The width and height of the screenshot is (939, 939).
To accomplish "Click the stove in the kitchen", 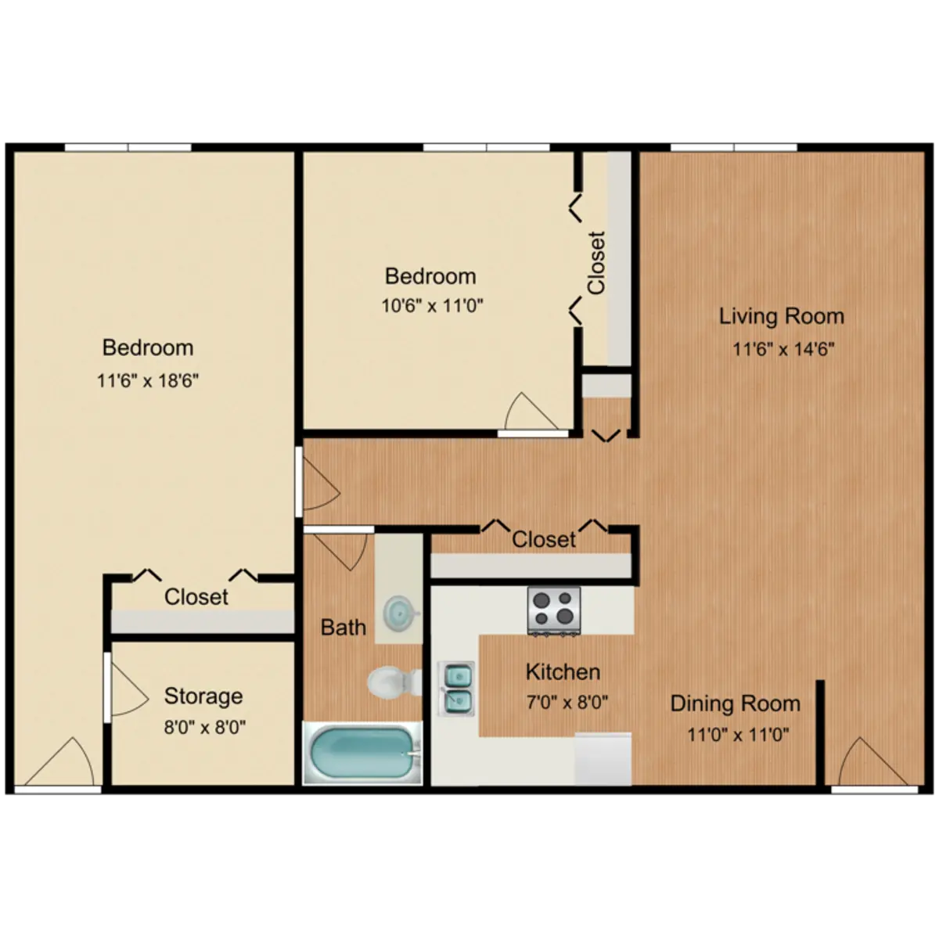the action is click(554, 610).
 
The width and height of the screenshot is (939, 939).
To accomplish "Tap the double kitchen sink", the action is click(456, 689).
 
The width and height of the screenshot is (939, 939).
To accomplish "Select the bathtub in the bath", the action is click(362, 754).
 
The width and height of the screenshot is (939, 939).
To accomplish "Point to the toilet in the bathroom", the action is click(394, 682).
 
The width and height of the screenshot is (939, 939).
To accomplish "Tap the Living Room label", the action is click(782, 317).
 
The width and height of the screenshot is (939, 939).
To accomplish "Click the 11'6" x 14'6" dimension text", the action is click(783, 349).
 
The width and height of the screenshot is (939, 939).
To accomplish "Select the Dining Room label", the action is click(736, 704).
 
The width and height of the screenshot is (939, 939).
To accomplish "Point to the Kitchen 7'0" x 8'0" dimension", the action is click(567, 702).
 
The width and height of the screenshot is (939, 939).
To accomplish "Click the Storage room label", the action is click(203, 696).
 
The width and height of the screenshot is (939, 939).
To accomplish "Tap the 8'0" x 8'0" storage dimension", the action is click(205, 728).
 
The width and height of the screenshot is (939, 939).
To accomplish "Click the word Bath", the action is click(343, 627).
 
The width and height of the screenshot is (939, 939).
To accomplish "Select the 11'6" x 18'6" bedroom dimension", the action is click(148, 380).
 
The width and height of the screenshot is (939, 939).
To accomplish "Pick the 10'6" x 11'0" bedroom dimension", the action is click(432, 305).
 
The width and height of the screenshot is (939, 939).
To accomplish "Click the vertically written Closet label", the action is click(596, 263).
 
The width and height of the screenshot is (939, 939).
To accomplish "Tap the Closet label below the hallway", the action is click(544, 539).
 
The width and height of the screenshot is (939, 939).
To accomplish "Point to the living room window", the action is click(734, 148).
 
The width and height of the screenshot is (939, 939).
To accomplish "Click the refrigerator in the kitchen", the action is click(603, 759).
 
